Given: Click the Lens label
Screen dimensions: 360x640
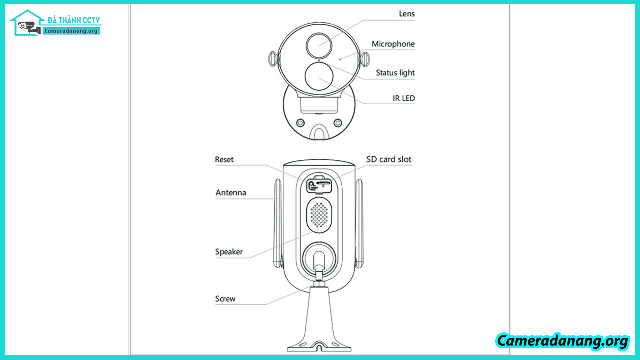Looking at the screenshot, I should tap(406, 14).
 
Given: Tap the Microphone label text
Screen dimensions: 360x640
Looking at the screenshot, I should tap(393, 44).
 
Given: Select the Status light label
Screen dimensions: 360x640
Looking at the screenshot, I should tap(395, 73).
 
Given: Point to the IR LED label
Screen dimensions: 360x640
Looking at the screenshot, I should tap(404, 98).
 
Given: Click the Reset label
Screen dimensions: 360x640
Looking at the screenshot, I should tap(224, 160).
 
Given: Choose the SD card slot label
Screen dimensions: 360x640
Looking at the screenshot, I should tap(389, 160).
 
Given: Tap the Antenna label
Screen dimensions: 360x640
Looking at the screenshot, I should tap(231, 193).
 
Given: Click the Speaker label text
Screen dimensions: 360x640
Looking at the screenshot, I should tap(229, 252).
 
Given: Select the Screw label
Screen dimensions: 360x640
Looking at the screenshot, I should tap(225, 299).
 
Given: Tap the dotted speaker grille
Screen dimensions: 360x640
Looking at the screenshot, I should tap(319, 215).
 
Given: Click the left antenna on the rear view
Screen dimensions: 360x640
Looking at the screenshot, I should tap(277, 225).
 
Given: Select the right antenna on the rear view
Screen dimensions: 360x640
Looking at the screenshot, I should tap(359, 225).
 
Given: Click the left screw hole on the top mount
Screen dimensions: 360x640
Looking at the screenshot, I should tap(300, 123).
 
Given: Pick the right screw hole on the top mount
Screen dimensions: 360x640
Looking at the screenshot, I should tap(338, 123).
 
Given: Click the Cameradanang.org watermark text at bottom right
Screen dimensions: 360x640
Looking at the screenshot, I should tap(562, 341).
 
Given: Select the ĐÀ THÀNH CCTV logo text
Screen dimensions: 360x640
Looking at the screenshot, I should tap(74, 20).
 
